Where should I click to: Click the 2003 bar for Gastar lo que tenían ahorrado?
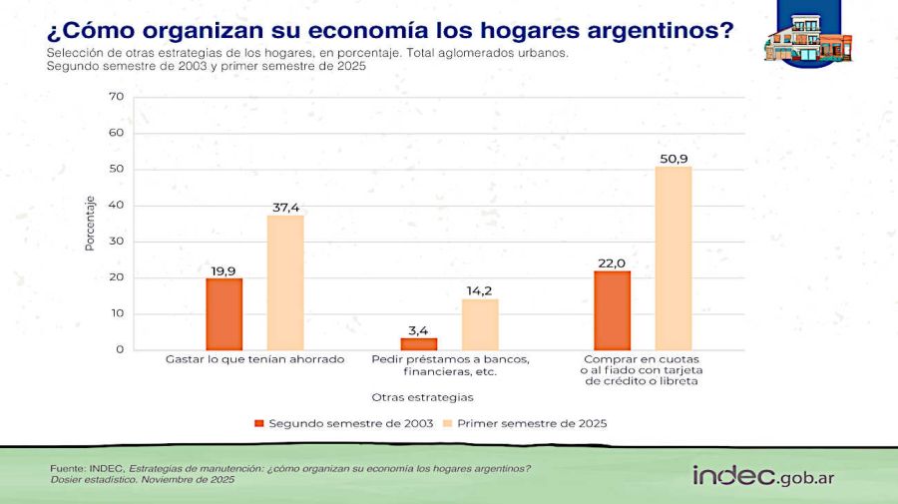tap(224, 314)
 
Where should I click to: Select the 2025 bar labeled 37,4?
tap(285, 282)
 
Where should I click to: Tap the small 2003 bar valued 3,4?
tap(419, 343)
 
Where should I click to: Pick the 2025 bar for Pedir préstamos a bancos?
tap(480, 324)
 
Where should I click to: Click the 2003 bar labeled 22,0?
tap(613, 310)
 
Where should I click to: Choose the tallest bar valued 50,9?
tap(673, 258)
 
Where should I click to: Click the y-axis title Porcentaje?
tap(90, 223)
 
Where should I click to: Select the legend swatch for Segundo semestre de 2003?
tap(259, 423)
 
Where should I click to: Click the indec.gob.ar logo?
tap(763, 476)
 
